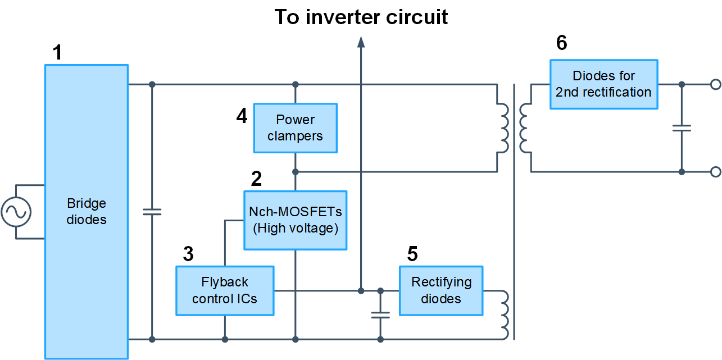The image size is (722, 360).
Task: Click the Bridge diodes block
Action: click(87, 212)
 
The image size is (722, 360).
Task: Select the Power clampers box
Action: click(295, 128)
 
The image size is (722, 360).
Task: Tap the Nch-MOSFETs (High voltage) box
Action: click(295, 220)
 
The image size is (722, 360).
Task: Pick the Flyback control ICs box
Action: click(225, 290)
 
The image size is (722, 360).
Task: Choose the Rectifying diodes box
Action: click(441, 290)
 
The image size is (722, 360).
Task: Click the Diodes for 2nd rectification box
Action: click(603, 84)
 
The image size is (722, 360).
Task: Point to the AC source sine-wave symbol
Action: click(16, 212)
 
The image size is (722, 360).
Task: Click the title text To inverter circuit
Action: click(361, 17)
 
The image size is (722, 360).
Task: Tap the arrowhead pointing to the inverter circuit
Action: click(361, 41)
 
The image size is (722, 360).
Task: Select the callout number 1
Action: click(57, 53)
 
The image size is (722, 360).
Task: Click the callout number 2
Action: click(256, 179)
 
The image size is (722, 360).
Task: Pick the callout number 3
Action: click(189, 254)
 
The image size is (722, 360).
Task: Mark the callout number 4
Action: click(242, 116)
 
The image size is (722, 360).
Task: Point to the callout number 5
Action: click(412, 254)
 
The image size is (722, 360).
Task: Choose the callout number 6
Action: click(561, 43)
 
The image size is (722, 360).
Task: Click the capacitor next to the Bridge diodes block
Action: click(152, 212)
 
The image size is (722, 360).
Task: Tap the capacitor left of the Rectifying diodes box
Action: click(380, 315)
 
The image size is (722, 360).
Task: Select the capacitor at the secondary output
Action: click(682, 128)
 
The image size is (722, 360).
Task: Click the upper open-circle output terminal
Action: click(715, 84)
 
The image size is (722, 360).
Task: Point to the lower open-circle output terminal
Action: click(715, 172)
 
